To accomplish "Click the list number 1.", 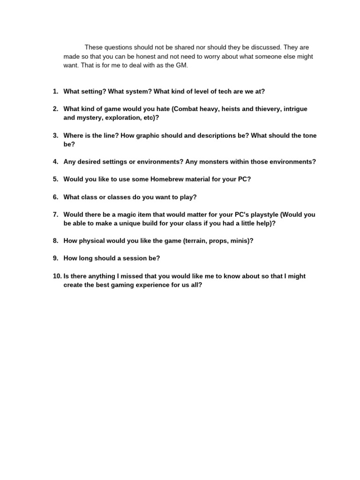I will (x=55, y=91).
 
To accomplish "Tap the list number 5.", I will (x=55, y=179).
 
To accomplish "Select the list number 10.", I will (x=57, y=276).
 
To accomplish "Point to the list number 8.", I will (x=55, y=241).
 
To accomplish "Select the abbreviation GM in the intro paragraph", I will (x=182, y=66).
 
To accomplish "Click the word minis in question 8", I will (x=240, y=241).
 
